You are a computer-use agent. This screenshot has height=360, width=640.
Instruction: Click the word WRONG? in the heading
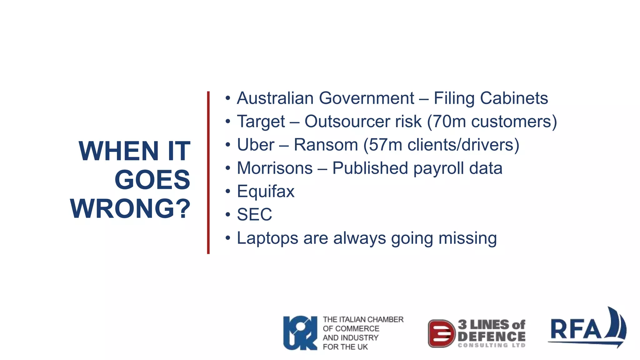click(x=130, y=208)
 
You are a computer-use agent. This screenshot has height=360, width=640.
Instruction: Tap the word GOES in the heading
click(x=152, y=180)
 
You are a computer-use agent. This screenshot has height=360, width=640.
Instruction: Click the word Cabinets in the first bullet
click(x=514, y=98)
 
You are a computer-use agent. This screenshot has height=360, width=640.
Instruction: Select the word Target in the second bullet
click(x=261, y=122)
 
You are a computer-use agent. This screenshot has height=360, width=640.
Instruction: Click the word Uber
click(x=256, y=145)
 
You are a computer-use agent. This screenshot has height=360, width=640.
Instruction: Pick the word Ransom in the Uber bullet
click(x=326, y=145)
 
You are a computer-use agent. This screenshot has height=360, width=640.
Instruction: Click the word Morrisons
click(x=275, y=168)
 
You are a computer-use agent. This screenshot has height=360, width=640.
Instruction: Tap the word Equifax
click(x=266, y=191)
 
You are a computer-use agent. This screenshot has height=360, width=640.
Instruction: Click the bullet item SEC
click(x=254, y=215)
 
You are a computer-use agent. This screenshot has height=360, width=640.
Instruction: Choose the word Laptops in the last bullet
click(x=267, y=238)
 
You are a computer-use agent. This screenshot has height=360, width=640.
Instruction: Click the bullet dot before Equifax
click(x=228, y=191)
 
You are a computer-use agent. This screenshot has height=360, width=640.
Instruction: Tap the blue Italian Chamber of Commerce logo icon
click(x=300, y=333)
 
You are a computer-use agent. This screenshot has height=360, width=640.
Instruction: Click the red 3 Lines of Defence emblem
click(x=441, y=333)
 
